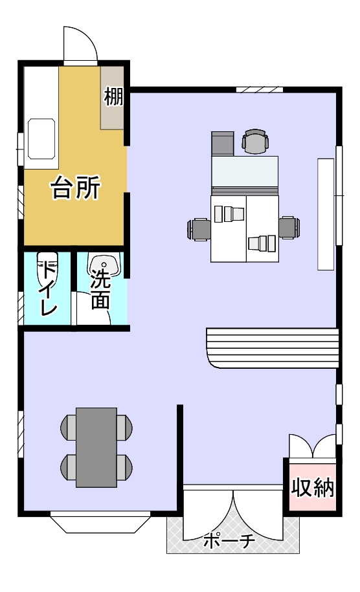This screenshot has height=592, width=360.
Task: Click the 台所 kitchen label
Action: (x=76, y=188)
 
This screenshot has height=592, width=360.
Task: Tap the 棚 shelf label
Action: (x=113, y=96)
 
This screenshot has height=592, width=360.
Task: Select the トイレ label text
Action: (x=49, y=288)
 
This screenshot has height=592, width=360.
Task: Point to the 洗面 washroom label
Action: (x=100, y=289)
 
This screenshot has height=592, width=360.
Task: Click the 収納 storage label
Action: (x=312, y=487)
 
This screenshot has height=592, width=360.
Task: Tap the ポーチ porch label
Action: (x=229, y=542)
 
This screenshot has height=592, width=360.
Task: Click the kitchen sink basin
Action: (x=41, y=139)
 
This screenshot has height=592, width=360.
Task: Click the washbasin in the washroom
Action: (x=104, y=265)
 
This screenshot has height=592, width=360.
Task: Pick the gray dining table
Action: (x=96, y=448)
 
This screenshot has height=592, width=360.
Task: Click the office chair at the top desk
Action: (x=255, y=141)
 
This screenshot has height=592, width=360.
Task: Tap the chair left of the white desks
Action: (x=199, y=229)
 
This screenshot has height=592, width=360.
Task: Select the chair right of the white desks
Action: (x=289, y=227)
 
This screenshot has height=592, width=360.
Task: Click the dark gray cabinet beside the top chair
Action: (x=223, y=144)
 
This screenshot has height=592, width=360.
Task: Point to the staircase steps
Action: (x=272, y=347)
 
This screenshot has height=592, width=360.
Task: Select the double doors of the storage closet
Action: (x=312, y=446)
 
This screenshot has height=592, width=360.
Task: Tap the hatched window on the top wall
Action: (x=260, y=89)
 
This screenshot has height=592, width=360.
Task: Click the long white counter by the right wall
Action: (x=326, y=214)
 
